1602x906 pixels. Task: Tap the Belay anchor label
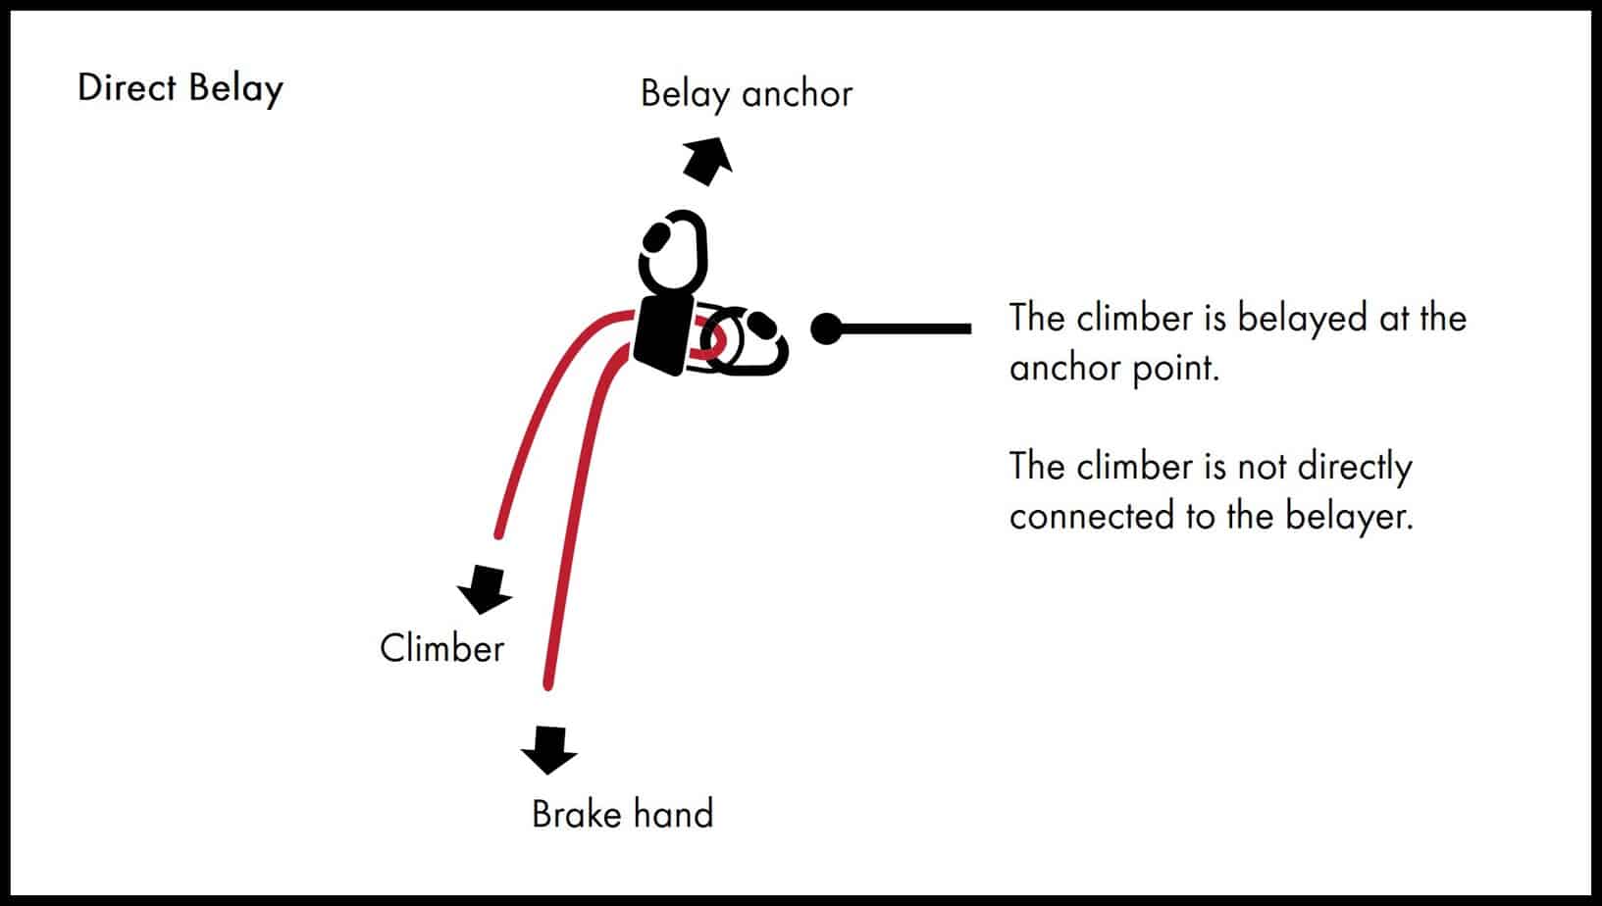click(746, 94)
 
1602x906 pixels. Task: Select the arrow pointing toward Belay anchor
click(707, 160)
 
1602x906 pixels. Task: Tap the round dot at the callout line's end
click(827, 328)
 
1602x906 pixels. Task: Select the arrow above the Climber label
click(484, 587)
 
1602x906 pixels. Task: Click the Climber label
click(441, 649)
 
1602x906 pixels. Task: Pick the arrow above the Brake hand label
click(549, 749)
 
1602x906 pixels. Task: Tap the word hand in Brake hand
click(673, 814)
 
